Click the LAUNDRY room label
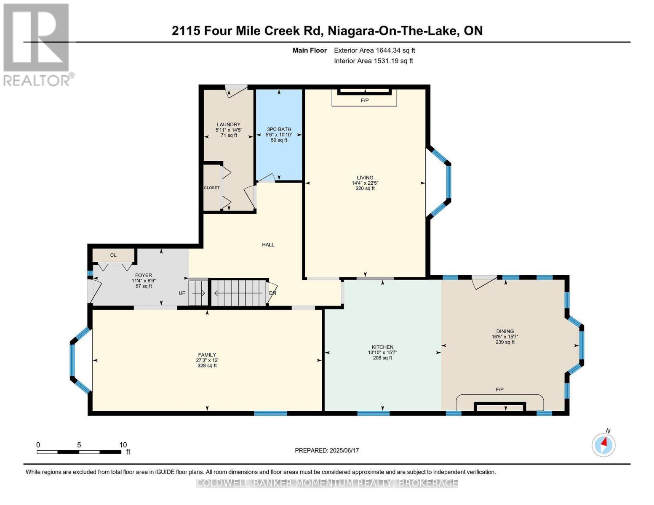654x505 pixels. pos(229,125)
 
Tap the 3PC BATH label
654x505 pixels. pos(279,130)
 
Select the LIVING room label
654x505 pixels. pos(365,178)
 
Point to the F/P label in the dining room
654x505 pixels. pos(499,390)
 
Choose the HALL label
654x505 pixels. pos(268,245)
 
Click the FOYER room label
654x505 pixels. pos(143,275)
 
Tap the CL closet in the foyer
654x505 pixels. pos(113,255)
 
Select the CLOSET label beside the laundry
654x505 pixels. pos(211,188)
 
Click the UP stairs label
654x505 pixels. pos(182,293)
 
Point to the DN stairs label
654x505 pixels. pos(272,293)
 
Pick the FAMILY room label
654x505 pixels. pos(207,355)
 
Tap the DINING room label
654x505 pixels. pos(505,331)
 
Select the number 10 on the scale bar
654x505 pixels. pos(123,445)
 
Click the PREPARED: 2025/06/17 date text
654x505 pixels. pos(326,450)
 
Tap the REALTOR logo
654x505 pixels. pos(37,44)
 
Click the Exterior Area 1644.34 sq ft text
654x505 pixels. pos(374,50)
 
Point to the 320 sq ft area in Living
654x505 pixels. pos(365,189)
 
